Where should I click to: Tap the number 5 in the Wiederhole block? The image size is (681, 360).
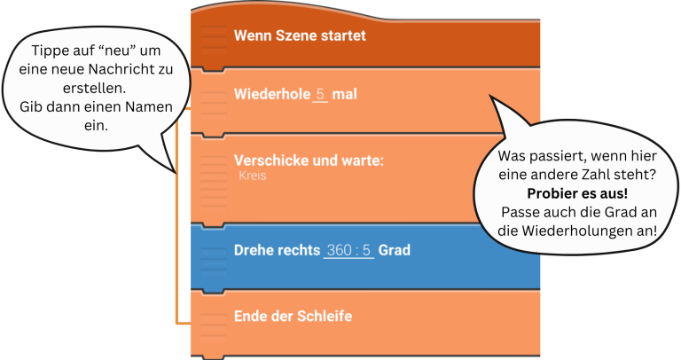pos(320,94)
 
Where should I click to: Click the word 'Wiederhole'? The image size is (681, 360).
pos(271,94)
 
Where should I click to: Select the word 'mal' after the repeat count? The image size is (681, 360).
pos(344,94)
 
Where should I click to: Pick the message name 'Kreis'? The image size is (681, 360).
pos(253,176)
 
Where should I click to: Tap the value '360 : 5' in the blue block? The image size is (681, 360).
pos(349,251)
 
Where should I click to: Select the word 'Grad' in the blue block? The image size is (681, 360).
pos(395,251)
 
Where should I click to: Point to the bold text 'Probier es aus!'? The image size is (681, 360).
pos(577,193)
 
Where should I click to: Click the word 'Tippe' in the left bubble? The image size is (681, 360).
pos(48,52)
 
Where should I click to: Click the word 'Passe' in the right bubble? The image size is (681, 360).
pos(521,212)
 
